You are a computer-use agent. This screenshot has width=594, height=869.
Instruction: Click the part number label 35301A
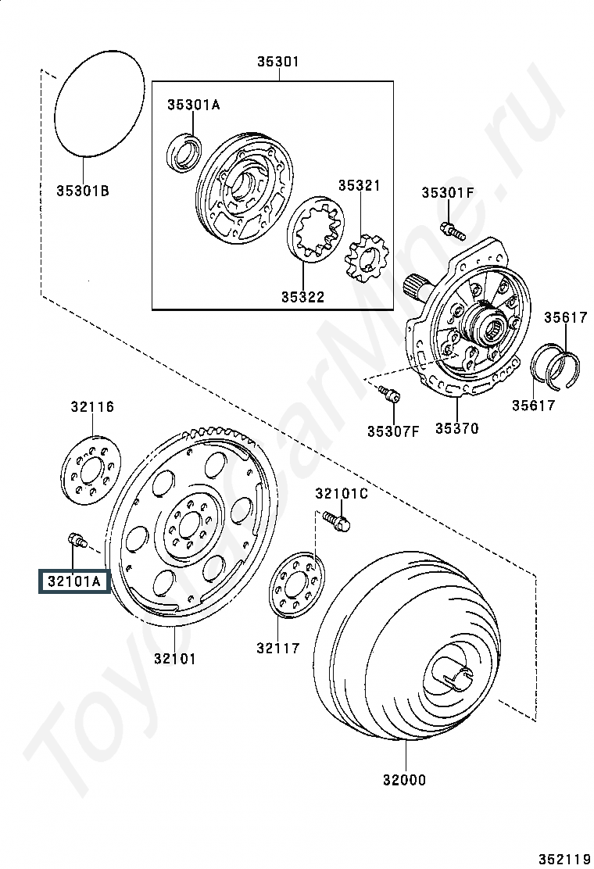pos(193,104)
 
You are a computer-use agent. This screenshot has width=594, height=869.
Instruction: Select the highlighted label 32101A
pos(74,581)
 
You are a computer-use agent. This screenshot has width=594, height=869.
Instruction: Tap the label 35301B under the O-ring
pos(83,191)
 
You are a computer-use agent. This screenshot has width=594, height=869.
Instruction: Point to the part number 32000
pos(405,780)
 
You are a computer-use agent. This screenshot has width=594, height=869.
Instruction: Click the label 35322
pos(302,296)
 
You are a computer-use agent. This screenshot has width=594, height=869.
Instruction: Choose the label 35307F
pos(393,431)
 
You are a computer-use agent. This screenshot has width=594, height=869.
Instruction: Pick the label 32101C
pos(342,492)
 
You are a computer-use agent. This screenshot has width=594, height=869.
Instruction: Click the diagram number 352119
pos(564,860)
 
